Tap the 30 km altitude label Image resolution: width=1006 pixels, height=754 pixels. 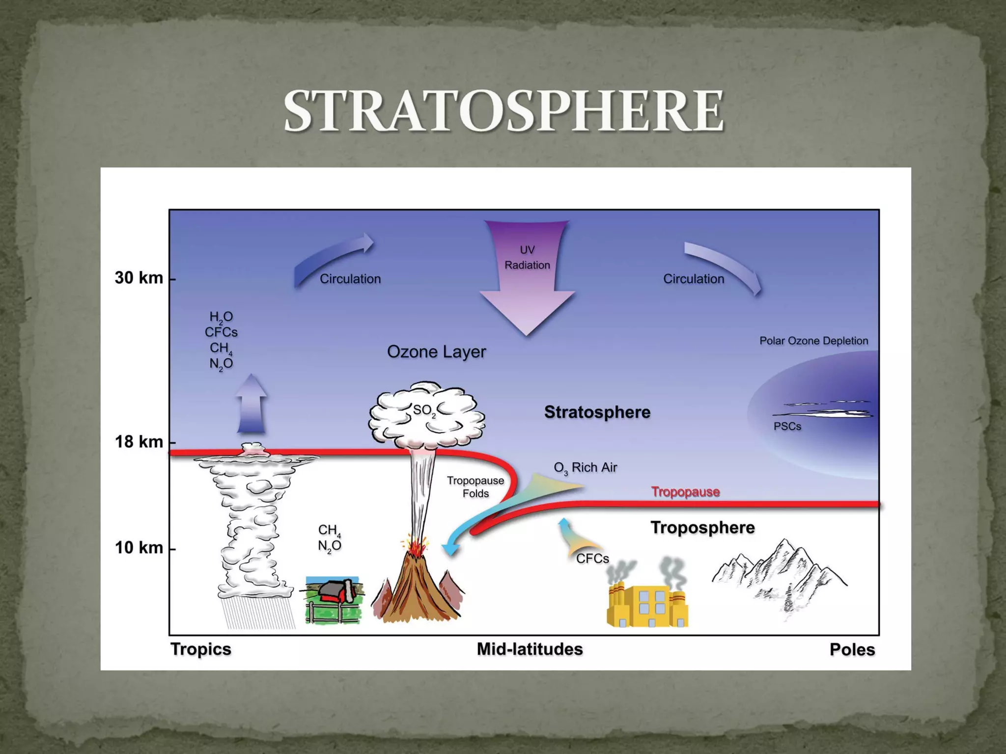[139, 278]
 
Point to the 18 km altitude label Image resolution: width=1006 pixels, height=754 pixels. [139, 442]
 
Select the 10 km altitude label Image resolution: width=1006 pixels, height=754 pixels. [139, 547]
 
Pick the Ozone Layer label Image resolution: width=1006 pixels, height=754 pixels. [436, 351]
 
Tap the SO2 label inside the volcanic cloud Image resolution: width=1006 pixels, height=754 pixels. [424, 410]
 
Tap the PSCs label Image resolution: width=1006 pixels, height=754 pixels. [787, 426]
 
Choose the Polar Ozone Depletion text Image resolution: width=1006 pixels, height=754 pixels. [813, 341]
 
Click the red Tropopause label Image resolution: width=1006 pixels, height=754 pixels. [685, 491]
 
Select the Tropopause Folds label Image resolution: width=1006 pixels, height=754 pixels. [475, 487]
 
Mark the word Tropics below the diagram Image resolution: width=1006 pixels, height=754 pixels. [200, 649]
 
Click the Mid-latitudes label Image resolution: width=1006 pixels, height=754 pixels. [530, 649]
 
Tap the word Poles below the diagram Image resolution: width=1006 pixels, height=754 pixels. [852, 649]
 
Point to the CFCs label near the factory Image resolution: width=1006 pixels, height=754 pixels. [592, 559]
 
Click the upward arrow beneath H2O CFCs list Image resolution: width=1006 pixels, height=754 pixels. [251, 405]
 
